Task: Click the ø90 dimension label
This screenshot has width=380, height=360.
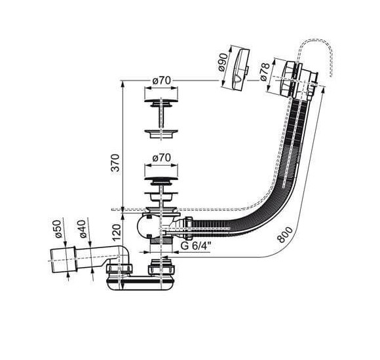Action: [223, 62]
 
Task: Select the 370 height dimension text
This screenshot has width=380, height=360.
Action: [116, 163]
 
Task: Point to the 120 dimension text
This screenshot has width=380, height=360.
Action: [117, 232]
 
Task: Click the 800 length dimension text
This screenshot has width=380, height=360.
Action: [285, 234]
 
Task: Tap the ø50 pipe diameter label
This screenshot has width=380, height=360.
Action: [57, 229]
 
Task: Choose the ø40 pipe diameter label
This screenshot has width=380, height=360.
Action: [82, 229]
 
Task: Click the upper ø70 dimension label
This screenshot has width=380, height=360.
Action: [162, 81]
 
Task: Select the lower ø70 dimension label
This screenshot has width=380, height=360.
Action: [162, 158]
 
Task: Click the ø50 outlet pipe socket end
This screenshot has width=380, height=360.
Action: [64, 261]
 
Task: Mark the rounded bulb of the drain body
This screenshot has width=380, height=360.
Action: [143, 226]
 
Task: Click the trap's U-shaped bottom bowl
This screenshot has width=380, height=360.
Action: [140, 285]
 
